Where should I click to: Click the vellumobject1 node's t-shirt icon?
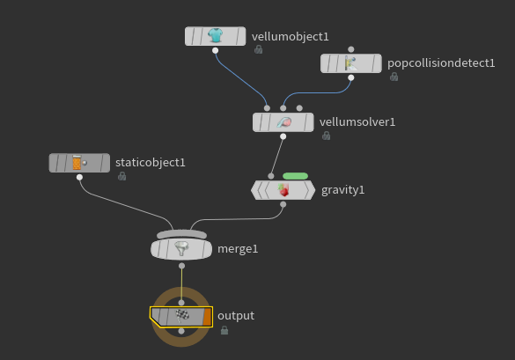click(215, 35)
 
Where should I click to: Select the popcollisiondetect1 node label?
click(441, 63)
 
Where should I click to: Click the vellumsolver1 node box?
click(283, 122)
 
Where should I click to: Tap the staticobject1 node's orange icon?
click(77, 162)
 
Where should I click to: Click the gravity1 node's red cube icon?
click(283, 190)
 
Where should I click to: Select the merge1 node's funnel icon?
click(181, 248)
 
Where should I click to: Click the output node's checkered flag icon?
click(182, 316)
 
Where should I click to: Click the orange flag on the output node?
click(208, 317)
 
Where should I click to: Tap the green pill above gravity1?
click(295, 176)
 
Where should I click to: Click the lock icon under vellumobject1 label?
click(259, 49)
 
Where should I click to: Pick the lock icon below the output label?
click(224, 330)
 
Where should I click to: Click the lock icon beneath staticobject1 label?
click(121, 176)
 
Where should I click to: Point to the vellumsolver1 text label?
click(357, 122)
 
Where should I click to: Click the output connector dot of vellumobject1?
click(215, 50)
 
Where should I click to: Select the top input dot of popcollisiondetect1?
click(351, 49)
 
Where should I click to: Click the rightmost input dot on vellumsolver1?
click(299, 108)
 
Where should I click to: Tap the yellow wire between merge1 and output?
click(181, 284)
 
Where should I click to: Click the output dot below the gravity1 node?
click(283, 204)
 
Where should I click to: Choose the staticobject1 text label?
click(151, 163)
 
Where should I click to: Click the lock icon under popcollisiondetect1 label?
click(394, 77)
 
